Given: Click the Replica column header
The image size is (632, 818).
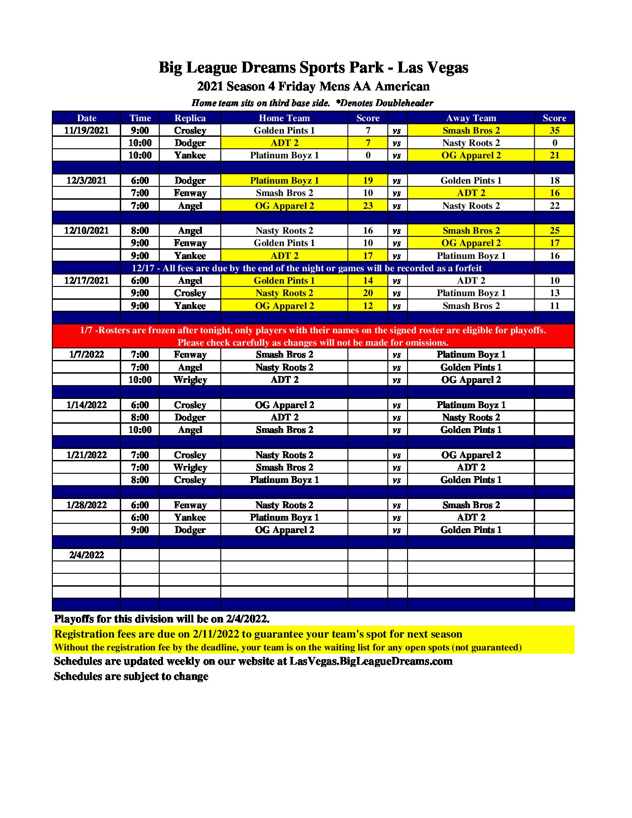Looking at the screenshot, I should (x=190, y=118).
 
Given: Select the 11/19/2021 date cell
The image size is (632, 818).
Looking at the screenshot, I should (x=86, y=130).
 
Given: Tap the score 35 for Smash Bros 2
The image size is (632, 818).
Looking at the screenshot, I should (x=554, y=130).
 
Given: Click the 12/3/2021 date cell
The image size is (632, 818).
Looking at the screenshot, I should (x=86, y=180).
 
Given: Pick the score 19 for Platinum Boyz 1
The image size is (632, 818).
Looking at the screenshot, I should (x=368, y=180).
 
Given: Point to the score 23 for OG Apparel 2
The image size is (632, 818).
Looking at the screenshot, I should (x=368, y=206).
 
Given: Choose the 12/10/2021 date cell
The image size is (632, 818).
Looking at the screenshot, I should (x=86, y=230).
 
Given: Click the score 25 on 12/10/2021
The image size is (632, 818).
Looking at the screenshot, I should (x=554, y=230).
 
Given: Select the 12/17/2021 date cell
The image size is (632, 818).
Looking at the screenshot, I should (x=86, y=280).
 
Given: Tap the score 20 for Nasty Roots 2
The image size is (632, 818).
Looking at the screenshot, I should (x=368, y=293).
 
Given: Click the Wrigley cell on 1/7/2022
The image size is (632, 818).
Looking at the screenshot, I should (x=190, y=380).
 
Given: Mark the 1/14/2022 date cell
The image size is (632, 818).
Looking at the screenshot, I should (x=86, y=405).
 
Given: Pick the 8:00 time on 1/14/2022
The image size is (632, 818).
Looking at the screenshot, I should (x=140, y=417).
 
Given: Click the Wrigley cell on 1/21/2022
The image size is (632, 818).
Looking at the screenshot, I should (x=190, y=467).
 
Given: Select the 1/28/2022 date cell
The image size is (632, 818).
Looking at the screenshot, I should (x=86, y=505).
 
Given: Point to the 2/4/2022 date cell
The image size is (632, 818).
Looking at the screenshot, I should (x=86, y=555).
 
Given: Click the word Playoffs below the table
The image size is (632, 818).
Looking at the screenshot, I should (x=74, y=619).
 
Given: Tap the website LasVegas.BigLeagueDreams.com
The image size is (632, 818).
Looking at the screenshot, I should (x=371, y=661).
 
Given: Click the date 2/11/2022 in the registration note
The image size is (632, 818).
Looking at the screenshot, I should (x=216, y=634).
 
